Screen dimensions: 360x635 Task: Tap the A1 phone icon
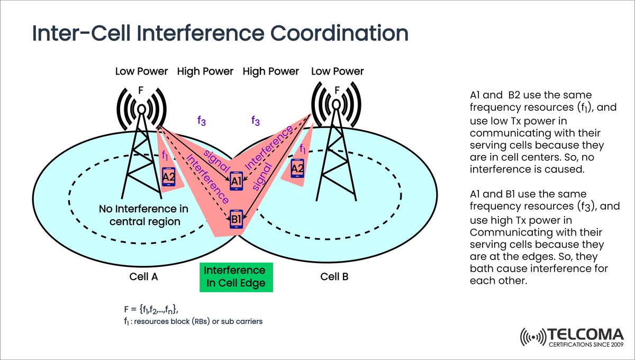click(x=236, y=181)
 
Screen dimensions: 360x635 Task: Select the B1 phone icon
click(x=236, y=219)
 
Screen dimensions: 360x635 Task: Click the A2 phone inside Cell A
click(x=169, y=177)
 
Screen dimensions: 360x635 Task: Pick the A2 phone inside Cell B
click(x=297, y=168)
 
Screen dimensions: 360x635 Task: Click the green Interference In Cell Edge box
click(x=235, y=277)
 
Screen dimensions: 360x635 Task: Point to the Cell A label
click(x=144, y=276)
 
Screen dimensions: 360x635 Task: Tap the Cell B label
click(x=334, y=276)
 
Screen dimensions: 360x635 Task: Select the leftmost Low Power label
click(x=142, y=71)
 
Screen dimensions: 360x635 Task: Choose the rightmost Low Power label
click(x=338, y=71)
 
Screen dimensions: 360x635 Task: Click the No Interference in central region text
click(x=145, y=215)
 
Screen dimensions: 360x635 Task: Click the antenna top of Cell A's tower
click(x=141, y=110)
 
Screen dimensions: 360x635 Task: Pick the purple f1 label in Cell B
click(x=303, y=149)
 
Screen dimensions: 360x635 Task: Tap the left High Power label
click(x=205, y=71)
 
